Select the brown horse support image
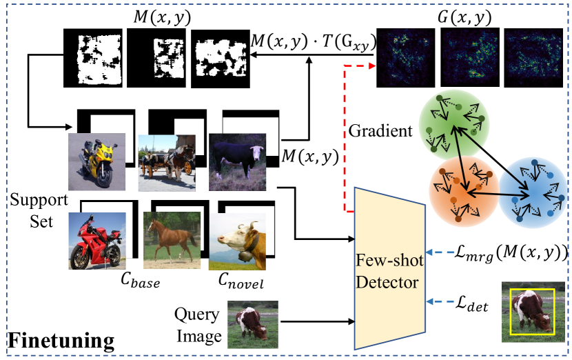pyautogui.click(x=168, y=241)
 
